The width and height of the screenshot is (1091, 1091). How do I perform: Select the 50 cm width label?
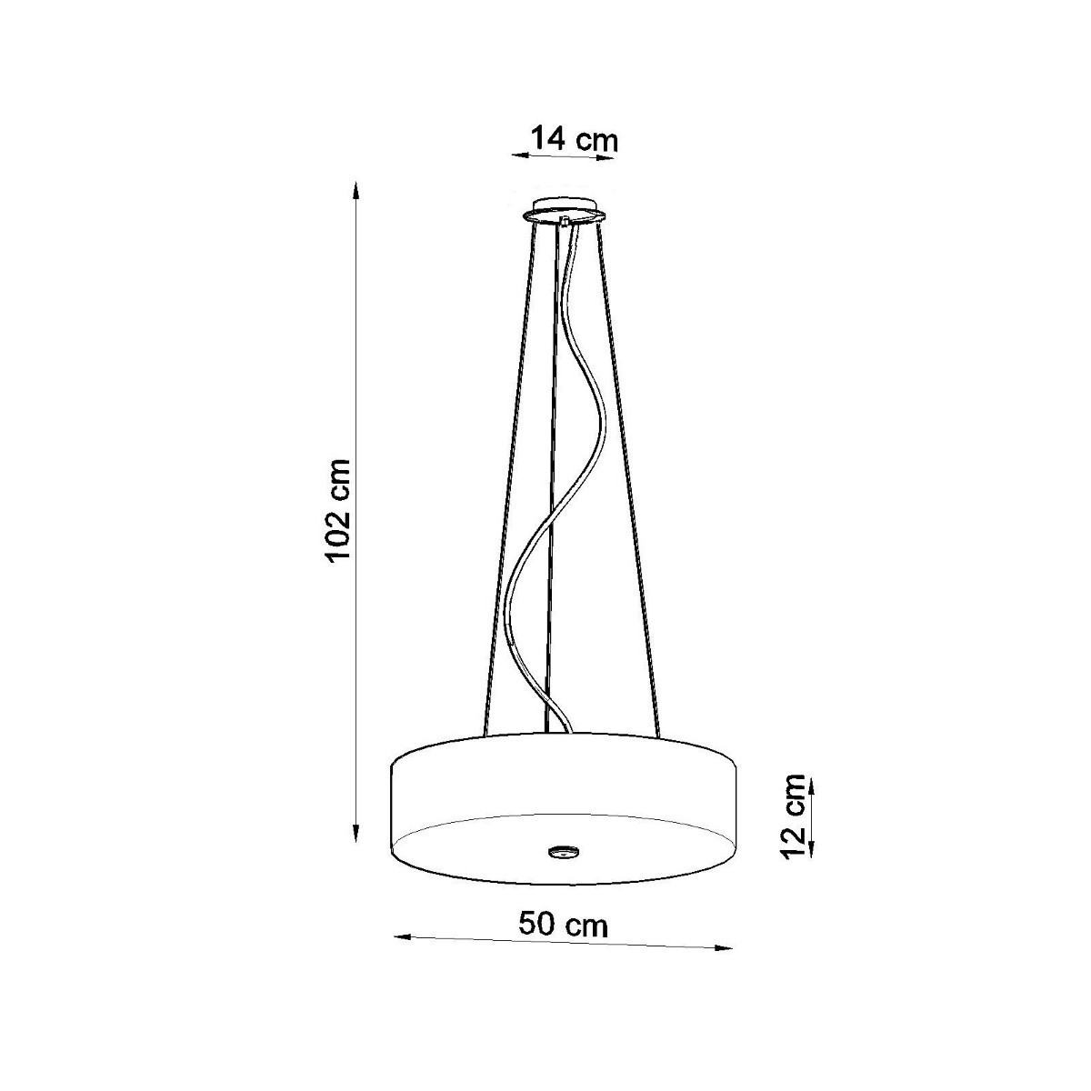[564, 925]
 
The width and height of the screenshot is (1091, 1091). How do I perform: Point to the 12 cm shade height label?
[793, 815]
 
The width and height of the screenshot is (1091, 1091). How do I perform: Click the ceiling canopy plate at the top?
[564, 208]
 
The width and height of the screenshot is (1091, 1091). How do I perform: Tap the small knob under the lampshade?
[563, 852]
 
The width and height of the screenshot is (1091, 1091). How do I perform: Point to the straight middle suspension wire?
[553, 473]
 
